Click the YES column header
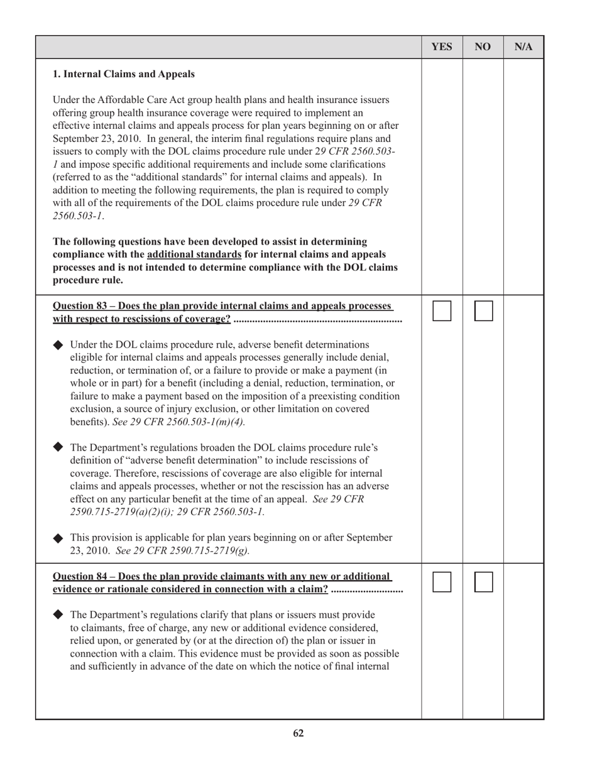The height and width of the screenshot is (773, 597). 442,47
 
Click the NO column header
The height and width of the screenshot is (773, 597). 483,47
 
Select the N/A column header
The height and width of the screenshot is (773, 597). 523,47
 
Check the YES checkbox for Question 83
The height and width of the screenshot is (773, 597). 442,311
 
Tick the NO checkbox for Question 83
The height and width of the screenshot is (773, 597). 483,311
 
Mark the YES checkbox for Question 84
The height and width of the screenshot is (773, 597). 442,582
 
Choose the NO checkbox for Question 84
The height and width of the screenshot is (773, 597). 483,582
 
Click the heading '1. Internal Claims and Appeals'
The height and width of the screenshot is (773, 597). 124,74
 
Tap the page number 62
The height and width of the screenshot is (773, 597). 298,733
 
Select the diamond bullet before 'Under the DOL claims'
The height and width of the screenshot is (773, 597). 58,345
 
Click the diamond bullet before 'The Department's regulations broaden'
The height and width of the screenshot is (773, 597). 58,447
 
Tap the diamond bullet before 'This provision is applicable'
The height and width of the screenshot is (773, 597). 58,538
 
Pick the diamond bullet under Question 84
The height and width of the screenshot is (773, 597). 58,614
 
